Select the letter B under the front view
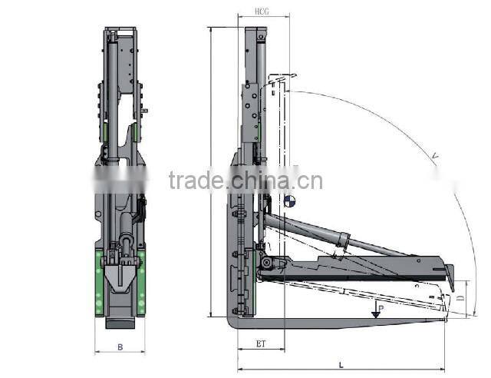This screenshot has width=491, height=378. point(120,346)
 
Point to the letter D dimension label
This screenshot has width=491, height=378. point(460,293)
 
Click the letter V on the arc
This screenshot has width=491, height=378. point(435,157)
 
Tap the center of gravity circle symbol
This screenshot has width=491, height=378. point(289,201)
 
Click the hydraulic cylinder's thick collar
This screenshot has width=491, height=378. point(343,240)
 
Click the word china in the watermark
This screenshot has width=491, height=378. point(259,181)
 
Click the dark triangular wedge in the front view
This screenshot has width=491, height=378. point(120,277)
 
